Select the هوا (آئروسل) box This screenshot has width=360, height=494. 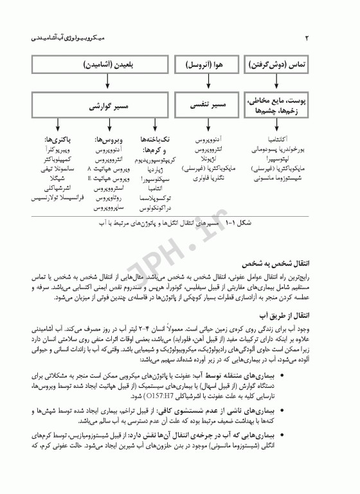pyautogui.click(x=205, y=66)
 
